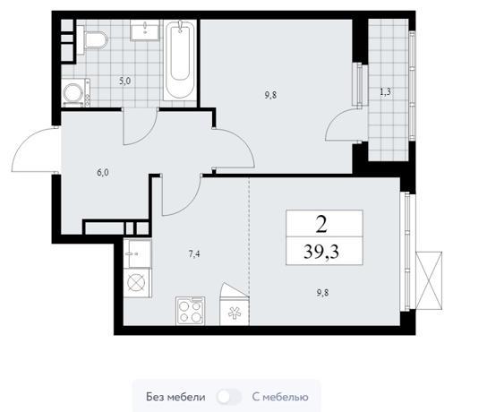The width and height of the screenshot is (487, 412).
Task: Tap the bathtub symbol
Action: click(180, 60)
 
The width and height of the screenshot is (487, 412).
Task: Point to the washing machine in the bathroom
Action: click(76, 92)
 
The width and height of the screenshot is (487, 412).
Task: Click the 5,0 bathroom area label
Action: click(124, 82)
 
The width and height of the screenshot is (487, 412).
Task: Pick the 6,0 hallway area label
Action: click(103, 173)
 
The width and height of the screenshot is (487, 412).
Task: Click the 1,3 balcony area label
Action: click(385, 92)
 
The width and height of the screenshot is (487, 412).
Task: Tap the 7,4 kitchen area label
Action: click(194, 254)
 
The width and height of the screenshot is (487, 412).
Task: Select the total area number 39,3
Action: click(321, 252)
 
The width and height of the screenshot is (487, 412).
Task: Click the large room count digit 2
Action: click(321, 224)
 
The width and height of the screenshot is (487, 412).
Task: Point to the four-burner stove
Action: click(191, 311)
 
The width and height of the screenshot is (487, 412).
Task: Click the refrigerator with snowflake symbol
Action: click(235, 311)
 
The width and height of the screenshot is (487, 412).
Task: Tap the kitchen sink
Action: click(138, 253)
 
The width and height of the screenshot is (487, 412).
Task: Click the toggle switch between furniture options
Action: click(229, 397)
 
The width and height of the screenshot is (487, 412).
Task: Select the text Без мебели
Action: click(175, 397)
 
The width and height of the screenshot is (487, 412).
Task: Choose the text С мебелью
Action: click(280, 397)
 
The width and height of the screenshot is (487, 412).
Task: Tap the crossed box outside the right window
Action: click(429, 280)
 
